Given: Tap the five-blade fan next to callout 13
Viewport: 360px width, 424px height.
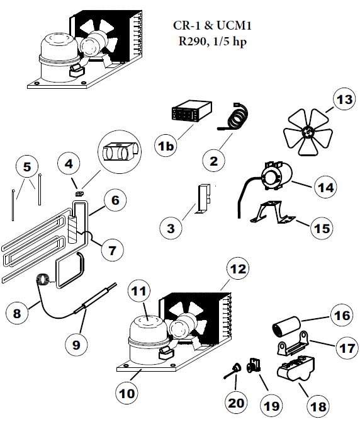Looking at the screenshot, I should coord(308,132).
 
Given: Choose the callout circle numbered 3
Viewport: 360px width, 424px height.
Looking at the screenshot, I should coord(171,227).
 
